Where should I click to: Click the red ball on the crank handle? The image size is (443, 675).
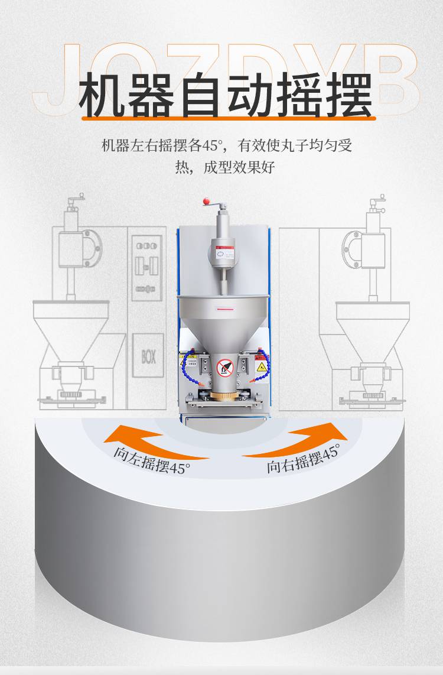coord(207,201)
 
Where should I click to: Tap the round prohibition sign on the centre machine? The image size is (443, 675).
coord(225,367)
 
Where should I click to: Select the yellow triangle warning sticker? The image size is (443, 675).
coord(260,368)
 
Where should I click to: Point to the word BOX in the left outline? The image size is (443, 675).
coord(148,357)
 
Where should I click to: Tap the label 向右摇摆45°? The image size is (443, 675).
coord(303,459)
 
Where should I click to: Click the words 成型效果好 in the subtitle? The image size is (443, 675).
coord(239,167)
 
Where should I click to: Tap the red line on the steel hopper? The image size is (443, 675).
coord(226,309)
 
